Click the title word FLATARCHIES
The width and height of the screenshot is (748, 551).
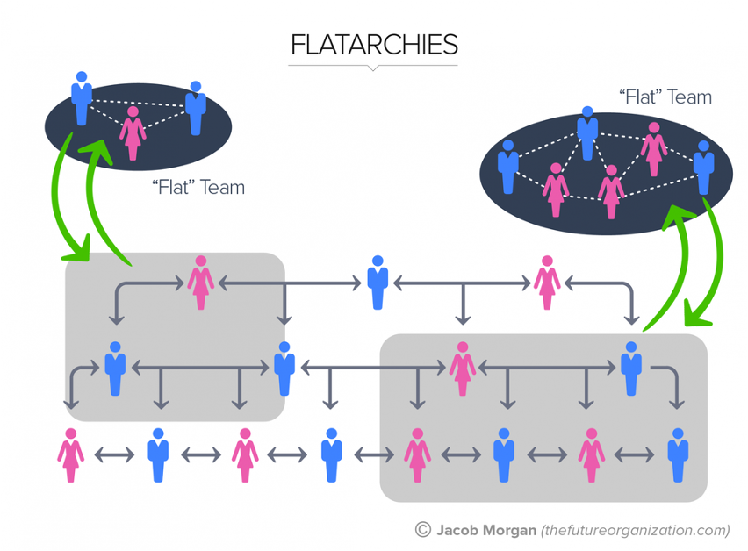click(373, 45)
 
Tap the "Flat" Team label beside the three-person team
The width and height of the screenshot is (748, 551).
click(198, 187)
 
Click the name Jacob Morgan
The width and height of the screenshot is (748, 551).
click(485, 530)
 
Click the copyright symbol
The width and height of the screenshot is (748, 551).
click(423, 530)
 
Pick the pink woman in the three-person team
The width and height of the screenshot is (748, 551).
click(133, 132)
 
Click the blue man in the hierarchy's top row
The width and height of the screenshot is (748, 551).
click(378, 283)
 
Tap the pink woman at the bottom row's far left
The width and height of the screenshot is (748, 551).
click(70, 454)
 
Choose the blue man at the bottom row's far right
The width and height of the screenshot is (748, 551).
click(676, 454)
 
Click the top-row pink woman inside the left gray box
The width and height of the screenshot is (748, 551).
click(201, 283)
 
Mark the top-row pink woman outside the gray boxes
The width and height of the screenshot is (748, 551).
click(547, 283)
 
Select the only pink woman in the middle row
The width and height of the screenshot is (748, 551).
click(462, 369)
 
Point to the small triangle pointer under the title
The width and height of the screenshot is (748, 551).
click(373, 68)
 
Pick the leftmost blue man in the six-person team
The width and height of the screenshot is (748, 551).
click(507, 167)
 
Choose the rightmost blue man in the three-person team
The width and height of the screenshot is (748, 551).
click(195, 108)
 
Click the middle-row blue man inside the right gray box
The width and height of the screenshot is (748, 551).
click(629, 369)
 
